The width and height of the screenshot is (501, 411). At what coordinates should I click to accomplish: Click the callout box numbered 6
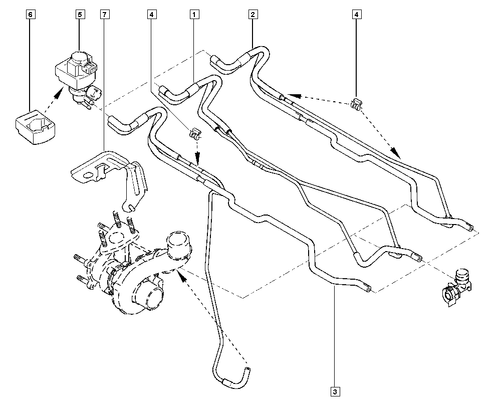(x=31, y=15)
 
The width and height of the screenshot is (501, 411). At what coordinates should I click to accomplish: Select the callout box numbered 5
(x=80, y=15)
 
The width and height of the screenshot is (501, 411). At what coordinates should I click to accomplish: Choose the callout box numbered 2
(x=253, y=15)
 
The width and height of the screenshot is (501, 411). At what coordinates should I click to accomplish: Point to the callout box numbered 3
(x=335, y=391)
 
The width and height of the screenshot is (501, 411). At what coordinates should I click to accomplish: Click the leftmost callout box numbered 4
(x=152, y=15)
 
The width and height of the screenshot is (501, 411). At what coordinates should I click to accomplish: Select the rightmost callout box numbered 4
(x=357, y=15)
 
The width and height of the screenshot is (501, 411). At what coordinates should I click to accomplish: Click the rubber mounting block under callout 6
(x=35, y=127)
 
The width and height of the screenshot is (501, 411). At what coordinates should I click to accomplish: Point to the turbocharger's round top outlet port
(x=178, y=244)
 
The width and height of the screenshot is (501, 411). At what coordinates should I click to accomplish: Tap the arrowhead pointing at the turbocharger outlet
(x=181, y=275)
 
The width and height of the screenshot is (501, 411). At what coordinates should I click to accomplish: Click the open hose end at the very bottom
(x=247, y=371)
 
